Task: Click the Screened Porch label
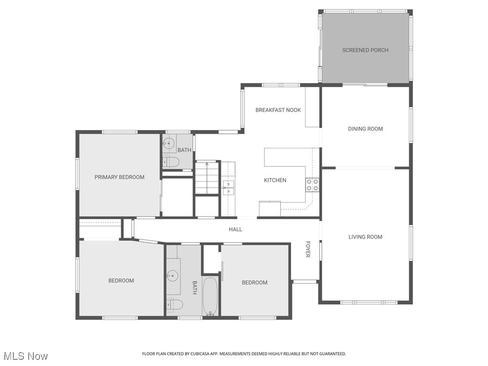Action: click(x=365, y=50)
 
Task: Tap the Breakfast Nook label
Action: click(x=278, y=110)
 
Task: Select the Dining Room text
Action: click(x=365, y=129)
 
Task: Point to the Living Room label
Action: click(x=365, y=237)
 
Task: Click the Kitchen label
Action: click(x=275, y=180)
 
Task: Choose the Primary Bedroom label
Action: click(x=119, y=177)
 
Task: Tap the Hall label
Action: click(x=235, y=229)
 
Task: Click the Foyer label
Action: click(x=308, y=249)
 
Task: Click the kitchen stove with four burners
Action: click(x=312, y=185)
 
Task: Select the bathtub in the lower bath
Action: click(x=210, y=295)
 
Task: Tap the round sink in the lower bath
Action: click(x=173, y=275)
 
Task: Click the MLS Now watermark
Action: click(x=26, y=356)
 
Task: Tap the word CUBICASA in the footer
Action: click(x=197, y=354)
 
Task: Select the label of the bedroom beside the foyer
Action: click(x=254, y=283)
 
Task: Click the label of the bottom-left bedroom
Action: click(x=121, y=281)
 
